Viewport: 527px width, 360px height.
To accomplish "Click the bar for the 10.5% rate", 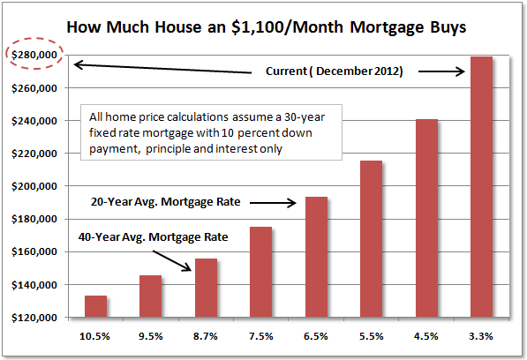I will pos(95,306).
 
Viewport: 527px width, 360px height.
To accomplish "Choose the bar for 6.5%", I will pos(316,257).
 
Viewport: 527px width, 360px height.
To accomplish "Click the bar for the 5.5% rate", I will pos(371,239).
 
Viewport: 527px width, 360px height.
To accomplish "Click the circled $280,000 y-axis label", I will pos(32,55).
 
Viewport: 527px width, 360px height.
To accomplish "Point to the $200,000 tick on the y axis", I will pos(32,186).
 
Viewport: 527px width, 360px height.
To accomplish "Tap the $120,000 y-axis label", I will pos(32,318).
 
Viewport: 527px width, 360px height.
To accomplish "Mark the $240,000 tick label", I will pos(32,121).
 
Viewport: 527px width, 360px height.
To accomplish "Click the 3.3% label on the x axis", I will pos(481,337).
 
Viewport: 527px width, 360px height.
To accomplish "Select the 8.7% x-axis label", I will pos(206,337).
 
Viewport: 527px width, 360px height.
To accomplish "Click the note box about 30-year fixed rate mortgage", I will pos(215,133).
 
